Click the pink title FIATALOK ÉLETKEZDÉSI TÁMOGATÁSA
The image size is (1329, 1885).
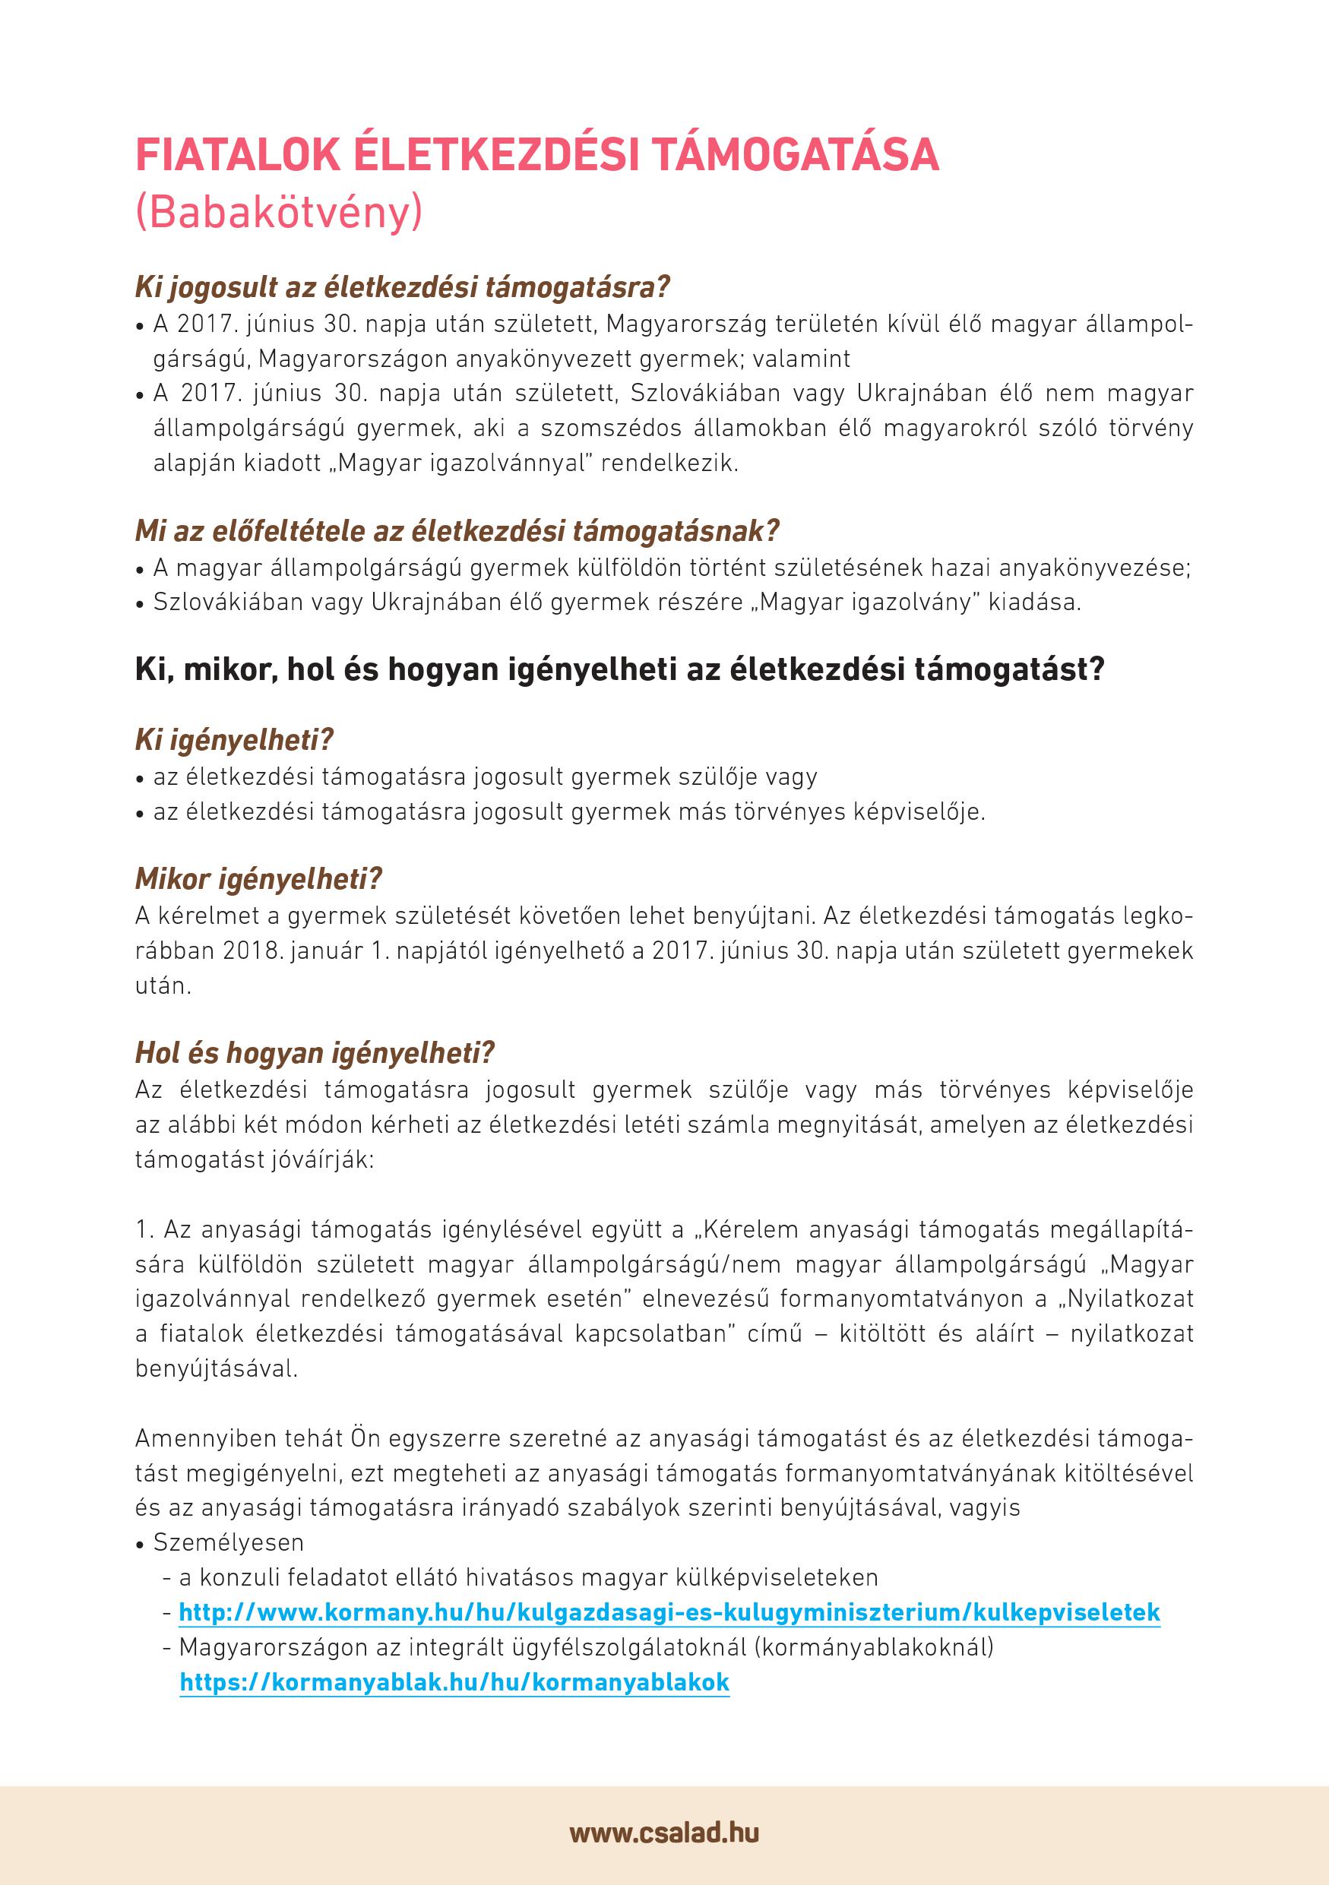point(537,154)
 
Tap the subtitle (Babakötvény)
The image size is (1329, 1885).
point(279,212)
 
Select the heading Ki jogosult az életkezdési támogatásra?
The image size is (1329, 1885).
point(402,286)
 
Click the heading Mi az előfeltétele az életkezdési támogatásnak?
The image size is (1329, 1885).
point(457,531)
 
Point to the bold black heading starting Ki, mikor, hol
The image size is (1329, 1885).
point(620,670)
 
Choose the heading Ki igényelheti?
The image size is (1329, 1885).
point(234,741)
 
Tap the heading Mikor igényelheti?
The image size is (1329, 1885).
point(258,879)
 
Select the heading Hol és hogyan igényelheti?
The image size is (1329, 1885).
point(315,1052)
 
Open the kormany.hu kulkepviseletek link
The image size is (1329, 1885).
point(669,1611)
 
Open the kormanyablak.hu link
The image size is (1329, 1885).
point(454,1681)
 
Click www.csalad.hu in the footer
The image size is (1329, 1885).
point(664,1833)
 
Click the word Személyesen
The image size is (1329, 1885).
point(228,1542)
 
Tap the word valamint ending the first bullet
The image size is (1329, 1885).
point(805,359)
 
